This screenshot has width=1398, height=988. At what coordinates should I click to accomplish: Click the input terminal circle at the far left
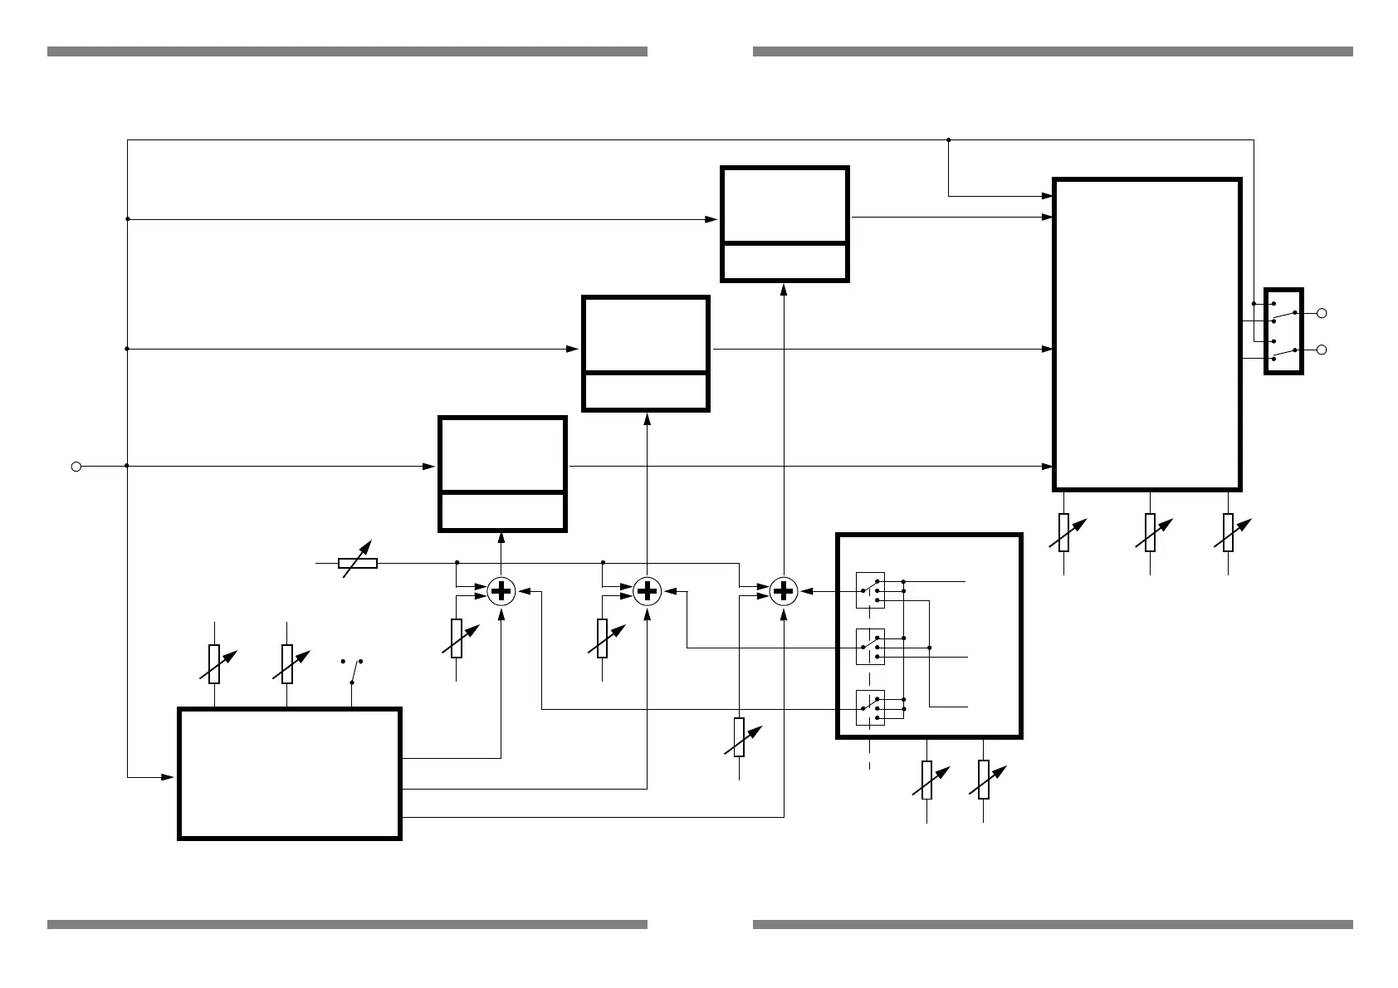(76, 467)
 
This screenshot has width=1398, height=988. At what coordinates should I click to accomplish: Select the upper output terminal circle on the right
(1322, 313)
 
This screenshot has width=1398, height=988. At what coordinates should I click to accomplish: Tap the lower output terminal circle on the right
(1322, 350)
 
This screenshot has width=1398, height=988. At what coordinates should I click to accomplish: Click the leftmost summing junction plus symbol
(501, 591)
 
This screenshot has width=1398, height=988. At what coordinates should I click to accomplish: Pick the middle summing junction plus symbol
(647, 591)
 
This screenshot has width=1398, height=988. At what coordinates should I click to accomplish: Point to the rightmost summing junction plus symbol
(783, 591)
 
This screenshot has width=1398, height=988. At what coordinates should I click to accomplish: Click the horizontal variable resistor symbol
(359, 563)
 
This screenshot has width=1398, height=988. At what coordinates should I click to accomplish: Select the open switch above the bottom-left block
(353, 670)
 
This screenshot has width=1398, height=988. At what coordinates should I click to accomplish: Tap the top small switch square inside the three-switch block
(870, 589)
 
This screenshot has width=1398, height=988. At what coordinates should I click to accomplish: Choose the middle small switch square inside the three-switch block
(870, 647)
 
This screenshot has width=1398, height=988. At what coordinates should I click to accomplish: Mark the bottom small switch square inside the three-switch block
(870, 707)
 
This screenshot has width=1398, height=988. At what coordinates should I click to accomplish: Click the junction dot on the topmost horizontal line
(948, 140)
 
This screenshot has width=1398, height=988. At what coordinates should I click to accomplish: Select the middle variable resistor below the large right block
(1150, 532)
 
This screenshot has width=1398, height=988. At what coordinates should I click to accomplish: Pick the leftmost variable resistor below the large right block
(1063, 532)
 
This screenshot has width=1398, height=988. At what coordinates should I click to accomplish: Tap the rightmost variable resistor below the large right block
(1228, 532)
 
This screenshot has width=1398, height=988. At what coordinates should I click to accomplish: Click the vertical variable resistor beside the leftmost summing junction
(457, 638)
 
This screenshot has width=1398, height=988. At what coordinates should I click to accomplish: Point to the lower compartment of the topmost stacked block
(785, 262)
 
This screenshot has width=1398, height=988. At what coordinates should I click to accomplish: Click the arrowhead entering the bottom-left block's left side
(168, 777)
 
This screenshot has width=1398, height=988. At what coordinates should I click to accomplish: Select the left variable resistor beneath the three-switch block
(926, 780)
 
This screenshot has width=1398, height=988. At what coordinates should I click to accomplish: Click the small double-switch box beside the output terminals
(1283, 331)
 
